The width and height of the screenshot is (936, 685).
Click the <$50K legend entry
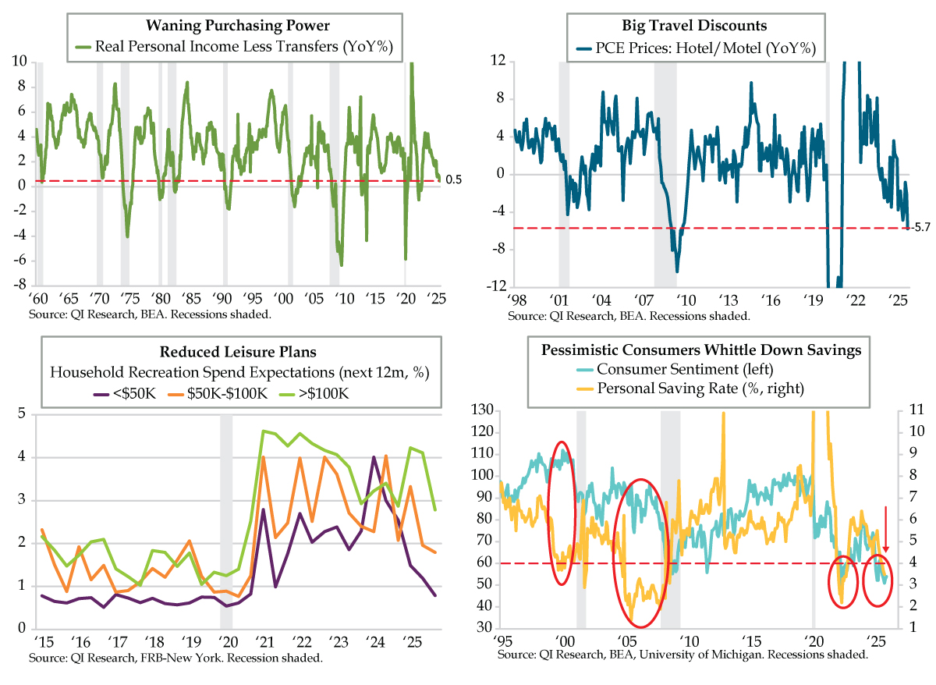[x=133, y=393]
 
